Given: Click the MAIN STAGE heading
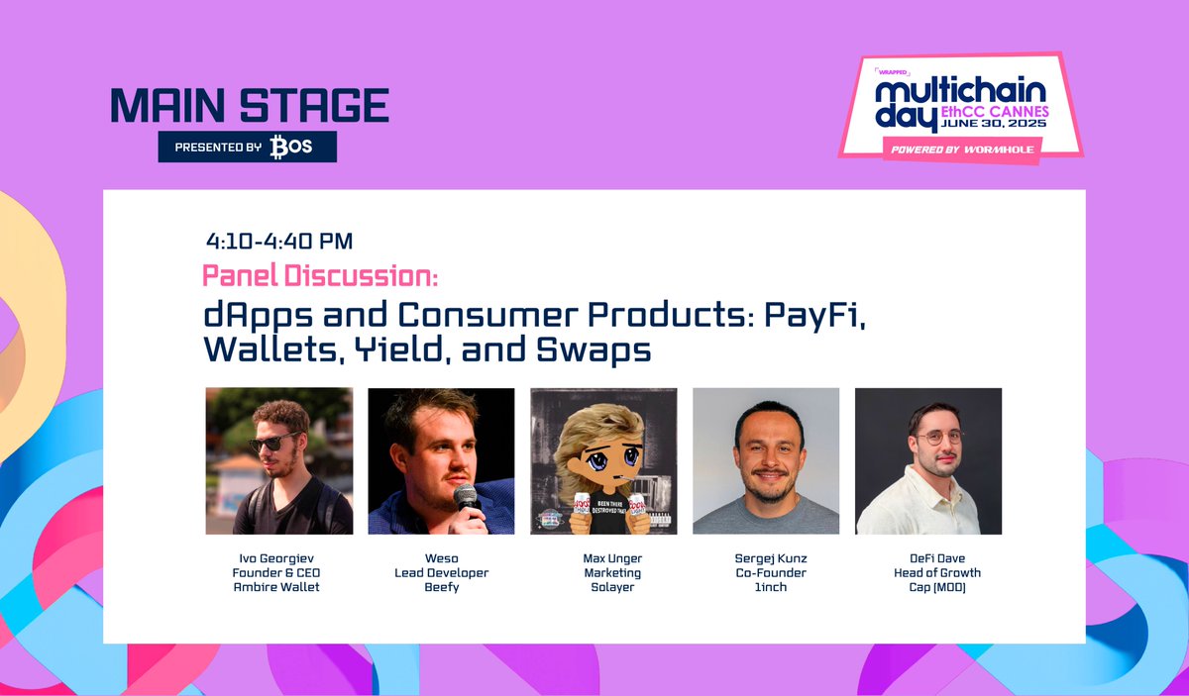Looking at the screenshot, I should (249, 105).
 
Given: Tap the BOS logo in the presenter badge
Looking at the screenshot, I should (290, 148).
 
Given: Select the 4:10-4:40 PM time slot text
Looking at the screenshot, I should (279, 241).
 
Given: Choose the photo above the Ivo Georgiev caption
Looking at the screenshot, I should (278, 460).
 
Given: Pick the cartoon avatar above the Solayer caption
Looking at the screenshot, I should (603, 460).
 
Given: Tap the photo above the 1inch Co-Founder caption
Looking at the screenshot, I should (766, 460).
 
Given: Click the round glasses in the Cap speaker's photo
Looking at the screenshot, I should (937, 437).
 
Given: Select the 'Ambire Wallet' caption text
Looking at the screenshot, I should (278, 586).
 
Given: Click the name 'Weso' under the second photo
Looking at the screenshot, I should (441, 558).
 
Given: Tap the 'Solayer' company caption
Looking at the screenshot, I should (603, 586).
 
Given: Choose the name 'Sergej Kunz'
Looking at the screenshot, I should (766, 558).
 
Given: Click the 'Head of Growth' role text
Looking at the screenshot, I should (928, 572).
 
